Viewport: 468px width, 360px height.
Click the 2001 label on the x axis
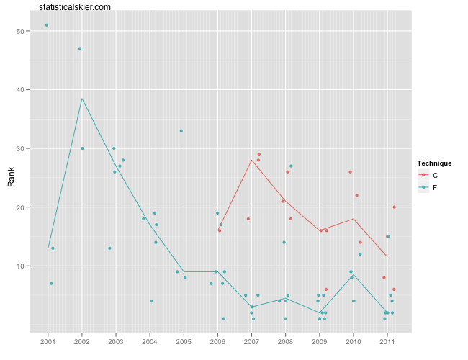coord(48,340)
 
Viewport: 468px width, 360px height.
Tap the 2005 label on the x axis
coord(184,340)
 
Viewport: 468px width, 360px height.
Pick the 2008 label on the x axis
coord(285,340)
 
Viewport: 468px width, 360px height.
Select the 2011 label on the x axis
coord(387,340)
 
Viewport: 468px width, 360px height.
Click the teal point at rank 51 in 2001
coord(47,25)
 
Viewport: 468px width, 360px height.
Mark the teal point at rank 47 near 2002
coord(80,48)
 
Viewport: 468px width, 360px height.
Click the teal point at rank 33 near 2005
coord(181,131)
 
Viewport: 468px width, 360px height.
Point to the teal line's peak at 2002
coord(82,99)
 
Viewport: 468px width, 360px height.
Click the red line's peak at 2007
coord(251,160)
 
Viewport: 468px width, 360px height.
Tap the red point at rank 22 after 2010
coord(357,195)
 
